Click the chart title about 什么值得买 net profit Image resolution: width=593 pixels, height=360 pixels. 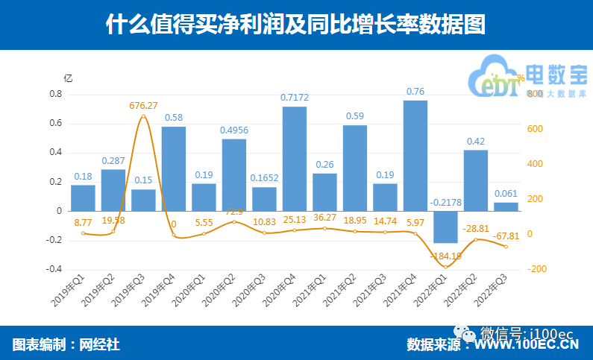pos(296,24)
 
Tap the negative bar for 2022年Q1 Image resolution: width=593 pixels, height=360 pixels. pos(445,227)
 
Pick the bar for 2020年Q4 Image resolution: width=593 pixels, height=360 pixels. pos(294,158)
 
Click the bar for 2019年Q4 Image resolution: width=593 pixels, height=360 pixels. pos(174,168)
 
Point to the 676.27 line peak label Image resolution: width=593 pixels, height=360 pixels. pos(143,106)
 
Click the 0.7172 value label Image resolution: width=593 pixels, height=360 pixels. pos(295,98)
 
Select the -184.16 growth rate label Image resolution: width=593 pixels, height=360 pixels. pos(447,256)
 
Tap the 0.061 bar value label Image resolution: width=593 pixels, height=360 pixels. pos(506,193)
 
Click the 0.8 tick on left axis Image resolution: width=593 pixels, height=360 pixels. pos(55,95)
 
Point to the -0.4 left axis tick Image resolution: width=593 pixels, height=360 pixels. pos(54,270)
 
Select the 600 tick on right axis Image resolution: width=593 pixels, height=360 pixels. pos(535,129)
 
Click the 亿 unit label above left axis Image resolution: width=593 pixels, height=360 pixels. pos(68,78)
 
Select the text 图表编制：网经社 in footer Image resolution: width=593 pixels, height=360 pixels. pos(66,344)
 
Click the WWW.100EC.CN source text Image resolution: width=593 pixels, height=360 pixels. pos(527,345)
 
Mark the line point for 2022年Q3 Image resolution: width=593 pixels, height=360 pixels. pos(506,247)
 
